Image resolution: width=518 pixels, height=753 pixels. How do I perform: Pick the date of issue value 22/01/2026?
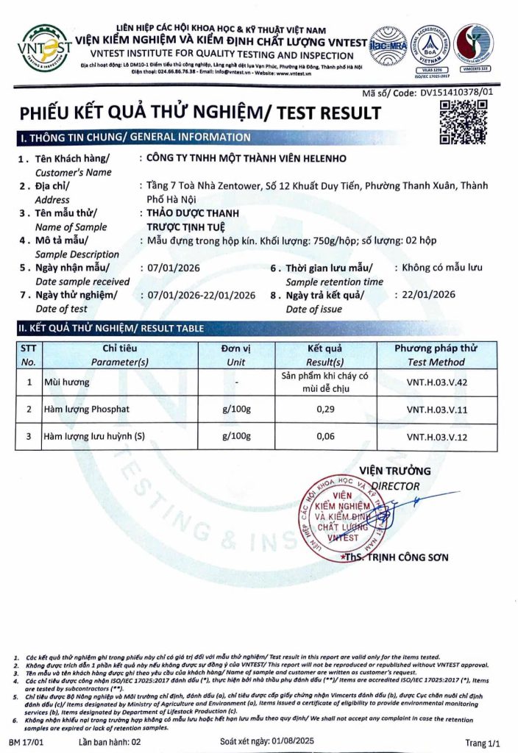pyautogui.click(x=425, y=295)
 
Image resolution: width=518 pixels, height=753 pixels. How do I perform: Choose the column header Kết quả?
pyautogui.click(x=325, y=348)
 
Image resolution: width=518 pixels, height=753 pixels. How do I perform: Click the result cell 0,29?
pyautogui.click(x=325, y=409)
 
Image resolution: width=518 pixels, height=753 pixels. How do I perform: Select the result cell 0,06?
pyautogui.click(x=325, y=436)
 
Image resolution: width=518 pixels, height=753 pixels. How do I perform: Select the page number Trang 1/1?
pyautogui.click(x=483, y=743)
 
